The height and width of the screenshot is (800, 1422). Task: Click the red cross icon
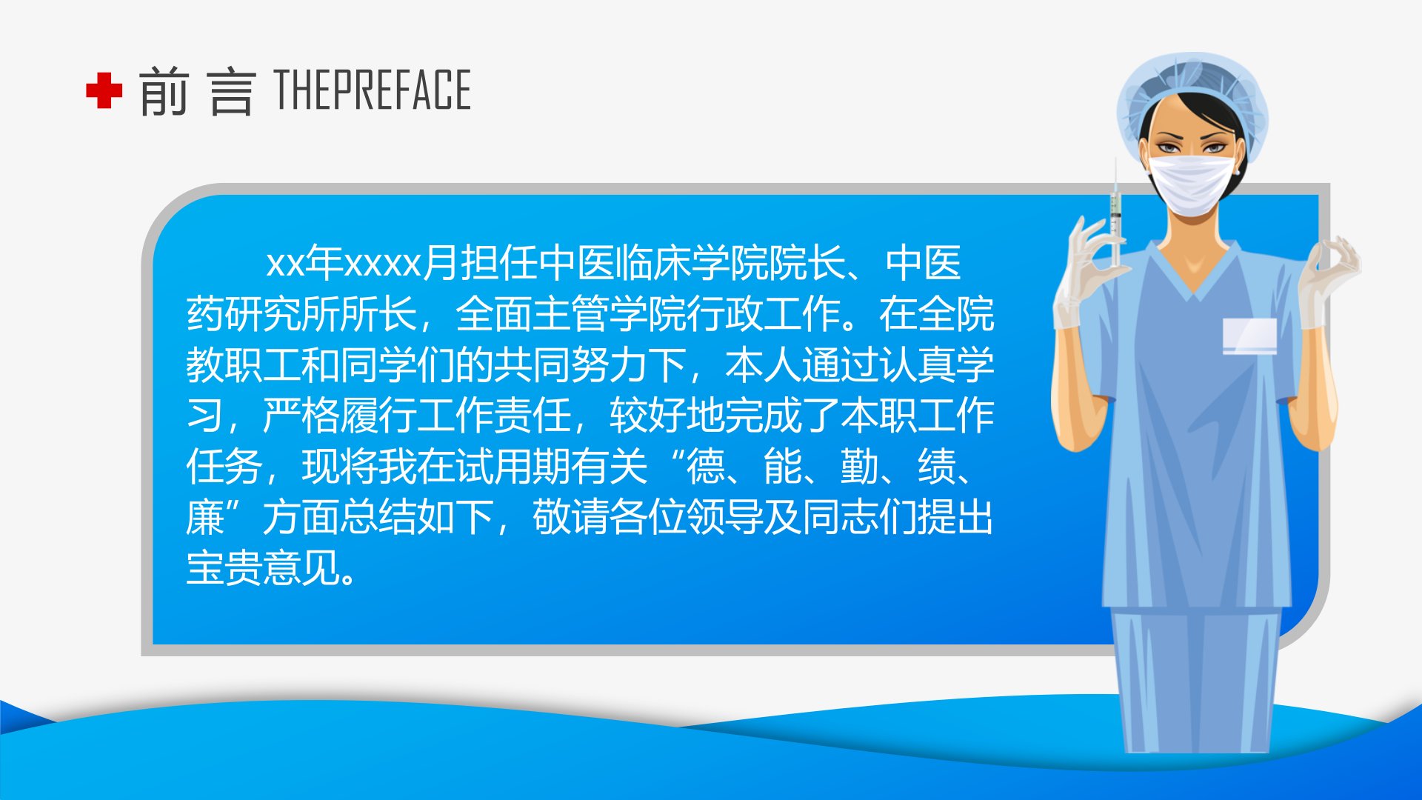coord(104,90)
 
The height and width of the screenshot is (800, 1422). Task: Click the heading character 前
coord(163,91)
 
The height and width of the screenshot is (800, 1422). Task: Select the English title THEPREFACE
coord(373,90)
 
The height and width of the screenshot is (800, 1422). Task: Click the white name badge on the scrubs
coord(1249,336)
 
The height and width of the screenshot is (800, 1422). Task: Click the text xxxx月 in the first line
coord(401,263)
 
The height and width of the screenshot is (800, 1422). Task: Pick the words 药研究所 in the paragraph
coord(263,314)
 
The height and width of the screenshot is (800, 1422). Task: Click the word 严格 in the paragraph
coord(301,416)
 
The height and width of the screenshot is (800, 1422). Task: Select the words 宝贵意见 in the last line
coord(263,568)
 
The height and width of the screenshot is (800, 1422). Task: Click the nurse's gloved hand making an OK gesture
coord(1329,281)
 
